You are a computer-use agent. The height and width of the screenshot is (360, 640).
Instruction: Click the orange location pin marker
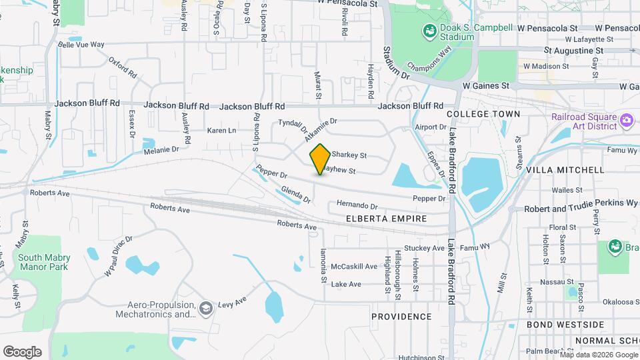[321, 159]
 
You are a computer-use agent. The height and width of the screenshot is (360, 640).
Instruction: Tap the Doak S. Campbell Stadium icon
[429, 31]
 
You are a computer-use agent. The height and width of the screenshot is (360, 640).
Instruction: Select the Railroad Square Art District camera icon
[626, 120]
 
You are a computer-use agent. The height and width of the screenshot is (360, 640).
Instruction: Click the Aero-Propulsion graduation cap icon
[206, 307]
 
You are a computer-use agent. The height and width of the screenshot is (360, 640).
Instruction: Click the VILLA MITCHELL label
[565, 170]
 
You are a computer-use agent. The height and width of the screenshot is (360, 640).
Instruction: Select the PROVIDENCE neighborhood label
[401, 316]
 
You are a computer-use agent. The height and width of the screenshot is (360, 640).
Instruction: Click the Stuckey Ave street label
[424, 248]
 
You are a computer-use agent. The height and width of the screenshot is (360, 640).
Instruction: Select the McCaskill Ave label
[354, 267]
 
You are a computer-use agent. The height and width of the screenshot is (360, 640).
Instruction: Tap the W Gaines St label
[486, 86]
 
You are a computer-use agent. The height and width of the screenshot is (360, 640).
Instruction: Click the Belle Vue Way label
[81, 45]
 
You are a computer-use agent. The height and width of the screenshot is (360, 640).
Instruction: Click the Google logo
[22, 352]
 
